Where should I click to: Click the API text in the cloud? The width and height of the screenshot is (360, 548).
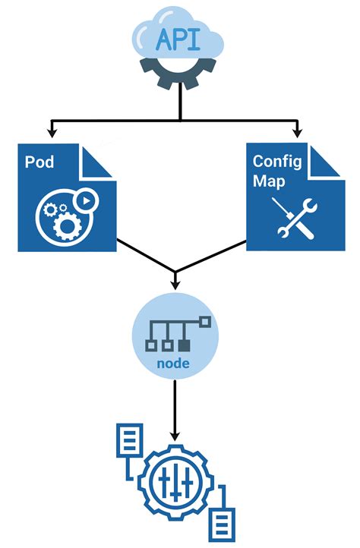point(179,39)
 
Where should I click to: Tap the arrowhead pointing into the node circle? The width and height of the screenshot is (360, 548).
point(175,285)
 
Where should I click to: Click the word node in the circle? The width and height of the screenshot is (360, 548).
point(175,364)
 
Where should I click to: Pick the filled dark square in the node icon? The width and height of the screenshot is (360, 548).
point(184,346)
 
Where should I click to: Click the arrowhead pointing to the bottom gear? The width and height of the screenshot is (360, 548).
point(175,439)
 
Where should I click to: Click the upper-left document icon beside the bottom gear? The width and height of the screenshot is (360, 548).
point(126,442)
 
